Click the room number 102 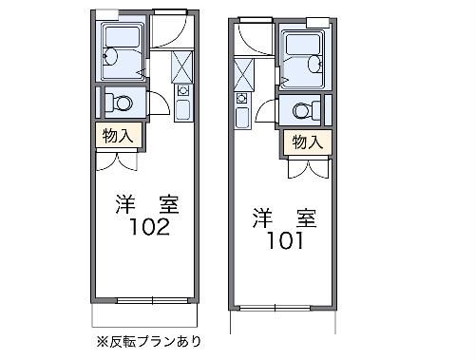click(147, 227)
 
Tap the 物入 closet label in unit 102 click(119, 136)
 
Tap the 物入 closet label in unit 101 click(305, 142)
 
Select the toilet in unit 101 click(305, 109)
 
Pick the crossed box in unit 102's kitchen click(182, 66)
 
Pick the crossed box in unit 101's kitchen click(243, 73)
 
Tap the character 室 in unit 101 click(306, 216)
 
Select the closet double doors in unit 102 click(119, 159)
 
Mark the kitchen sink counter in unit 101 click(242, 109)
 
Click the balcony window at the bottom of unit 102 click(148, 301)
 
